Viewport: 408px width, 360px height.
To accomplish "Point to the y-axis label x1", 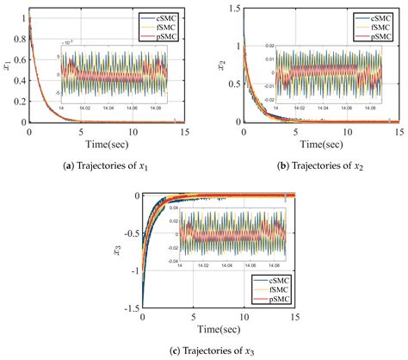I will pos(9,63).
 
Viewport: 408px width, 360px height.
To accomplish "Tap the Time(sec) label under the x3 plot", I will pos(217,330).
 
